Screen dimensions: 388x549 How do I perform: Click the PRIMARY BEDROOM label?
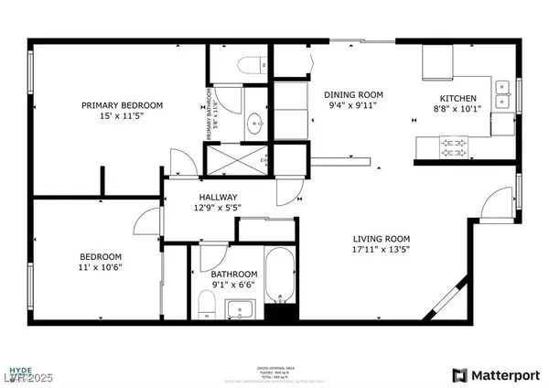(x=122, y=105)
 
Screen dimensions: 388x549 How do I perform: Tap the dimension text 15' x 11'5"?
(x=122, y=117)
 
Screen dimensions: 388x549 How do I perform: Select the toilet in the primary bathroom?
(x=252, y=63)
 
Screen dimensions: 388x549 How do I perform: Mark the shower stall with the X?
(x=237, y=161)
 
